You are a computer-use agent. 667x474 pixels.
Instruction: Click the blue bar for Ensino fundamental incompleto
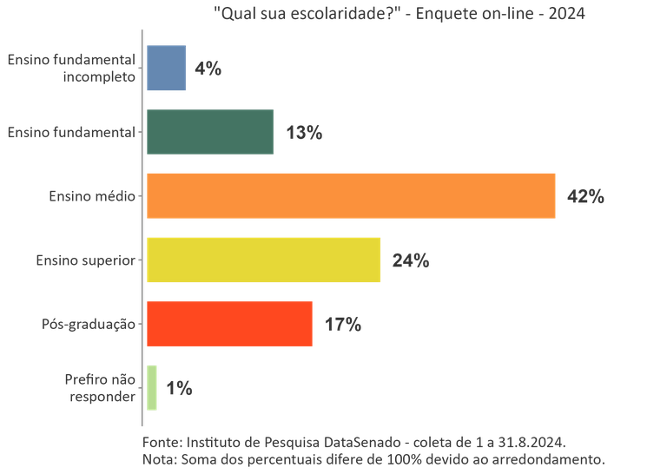tap(166, 68)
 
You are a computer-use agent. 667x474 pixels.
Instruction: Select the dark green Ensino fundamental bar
tap(210, 132)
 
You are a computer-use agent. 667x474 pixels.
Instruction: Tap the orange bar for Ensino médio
tap(351, 196)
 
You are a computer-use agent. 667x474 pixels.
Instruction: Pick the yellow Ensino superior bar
tap(264, 260)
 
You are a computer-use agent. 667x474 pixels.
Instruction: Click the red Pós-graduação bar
tap(229, 324)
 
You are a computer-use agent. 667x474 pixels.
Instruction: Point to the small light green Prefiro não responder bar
tap(152, 388)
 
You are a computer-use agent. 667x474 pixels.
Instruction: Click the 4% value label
tap(208, 69)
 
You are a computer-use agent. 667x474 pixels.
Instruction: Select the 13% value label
tap(304, 133)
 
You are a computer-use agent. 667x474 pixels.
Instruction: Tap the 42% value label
tap(584, 197)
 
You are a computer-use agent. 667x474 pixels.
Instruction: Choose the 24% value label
tap(411, 260)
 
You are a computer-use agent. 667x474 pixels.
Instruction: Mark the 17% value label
tap(342, 325)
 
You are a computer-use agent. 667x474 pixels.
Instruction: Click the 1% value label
tap(178, 389)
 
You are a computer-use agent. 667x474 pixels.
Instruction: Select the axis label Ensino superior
tap(85, 260)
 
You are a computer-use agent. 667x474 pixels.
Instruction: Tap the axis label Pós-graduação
tap(89, 325)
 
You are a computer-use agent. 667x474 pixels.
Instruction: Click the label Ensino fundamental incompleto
tap(71, 69)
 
